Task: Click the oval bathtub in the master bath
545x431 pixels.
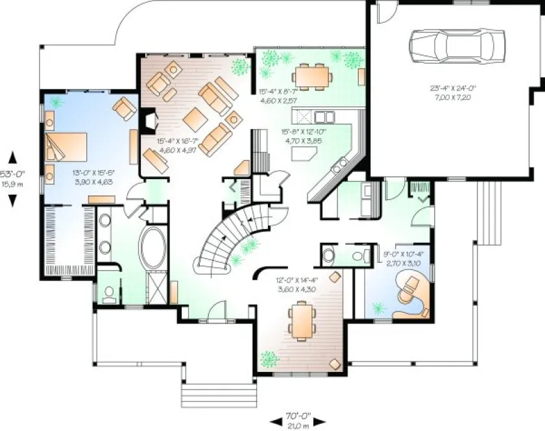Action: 152,247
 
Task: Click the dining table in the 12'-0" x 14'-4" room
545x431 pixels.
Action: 303,322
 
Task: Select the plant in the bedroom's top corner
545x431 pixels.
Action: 56,102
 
